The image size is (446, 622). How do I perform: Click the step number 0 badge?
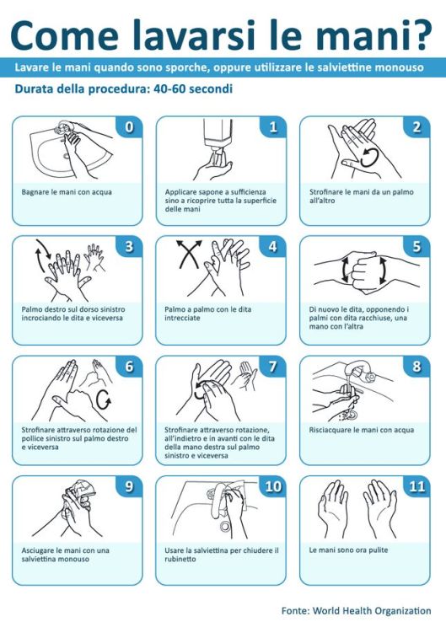point(129,127)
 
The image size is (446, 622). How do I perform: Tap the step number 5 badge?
point(416,247)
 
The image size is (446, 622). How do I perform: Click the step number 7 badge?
point(272,367)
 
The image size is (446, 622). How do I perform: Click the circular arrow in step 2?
point(368,156)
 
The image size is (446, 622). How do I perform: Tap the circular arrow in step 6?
point(105,397)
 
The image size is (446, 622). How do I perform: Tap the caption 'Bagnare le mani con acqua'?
point(67,191)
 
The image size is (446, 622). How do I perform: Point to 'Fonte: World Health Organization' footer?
point(355,610)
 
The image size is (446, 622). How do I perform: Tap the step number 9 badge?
point(129,486)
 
